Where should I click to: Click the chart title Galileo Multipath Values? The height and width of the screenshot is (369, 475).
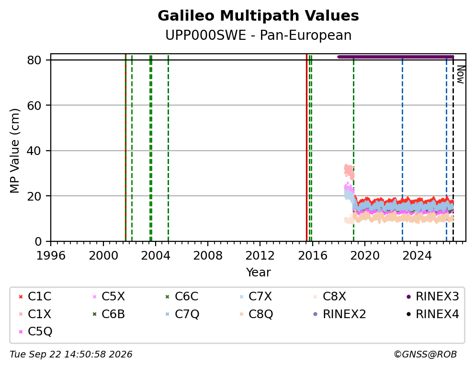pyautogui.click(x=258, y=16)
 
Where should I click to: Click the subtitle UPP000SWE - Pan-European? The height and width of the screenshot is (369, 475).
pyautogui.click(x=258, y=35)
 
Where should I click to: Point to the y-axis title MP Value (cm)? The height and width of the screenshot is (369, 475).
pyautogui.click(x=14, y=151)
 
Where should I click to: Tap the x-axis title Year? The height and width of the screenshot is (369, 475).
pyautogui.click(x=258, y=272)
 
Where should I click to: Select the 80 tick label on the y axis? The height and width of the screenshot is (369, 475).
pyautogui.click(x=34, y=60)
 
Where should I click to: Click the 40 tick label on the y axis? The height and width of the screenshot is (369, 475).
pyautogui.click(x=34, y=151)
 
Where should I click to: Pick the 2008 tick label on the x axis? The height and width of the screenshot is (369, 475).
pyautogui.click(x=208, y=255)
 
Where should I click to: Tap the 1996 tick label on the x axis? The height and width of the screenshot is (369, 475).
pyautogui.click(x=51, y=255)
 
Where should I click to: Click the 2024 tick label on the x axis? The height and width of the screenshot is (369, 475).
pyautogui.click(x=417, y=255)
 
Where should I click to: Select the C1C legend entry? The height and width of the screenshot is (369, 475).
pyautogui.click(x=35, y=297)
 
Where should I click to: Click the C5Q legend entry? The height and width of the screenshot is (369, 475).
pyautogui.click(x=35, y=332)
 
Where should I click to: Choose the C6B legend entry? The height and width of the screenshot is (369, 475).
pyautogui.click(x=109, y=314)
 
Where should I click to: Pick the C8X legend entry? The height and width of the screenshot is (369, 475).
pyautogui.click(x=330, y=297)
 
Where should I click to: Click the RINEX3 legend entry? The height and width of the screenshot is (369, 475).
pyautogui.click(x=432, y=297)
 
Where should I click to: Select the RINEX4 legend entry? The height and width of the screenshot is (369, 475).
pyautogui.click(x=432, y=314)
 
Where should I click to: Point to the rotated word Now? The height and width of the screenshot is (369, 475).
pyautogui.click(x=461, y=75)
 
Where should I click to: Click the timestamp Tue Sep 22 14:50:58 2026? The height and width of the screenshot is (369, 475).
pyautogui.click(x=71, y=355)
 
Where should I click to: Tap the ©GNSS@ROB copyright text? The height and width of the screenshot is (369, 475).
pyautogui.click(x=425, y=355)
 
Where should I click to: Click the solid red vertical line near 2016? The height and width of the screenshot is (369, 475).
pyautogui.click(x=306, y=147)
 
